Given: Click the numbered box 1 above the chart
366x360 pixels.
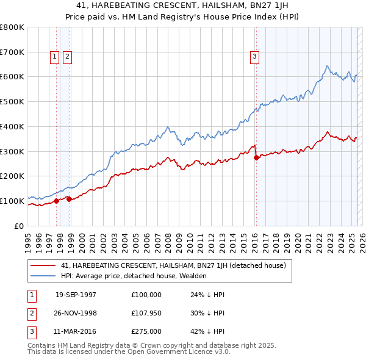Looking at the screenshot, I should [54, 57].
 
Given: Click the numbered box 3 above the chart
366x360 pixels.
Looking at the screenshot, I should [254, 57].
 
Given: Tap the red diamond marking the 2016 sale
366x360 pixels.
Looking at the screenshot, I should [256, 157].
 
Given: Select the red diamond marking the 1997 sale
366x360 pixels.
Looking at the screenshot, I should [57, 200].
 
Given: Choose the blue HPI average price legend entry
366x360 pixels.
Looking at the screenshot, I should [134, 276].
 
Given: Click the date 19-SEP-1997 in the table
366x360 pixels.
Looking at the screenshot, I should [76, 294].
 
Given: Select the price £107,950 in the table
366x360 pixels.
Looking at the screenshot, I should [146, 313].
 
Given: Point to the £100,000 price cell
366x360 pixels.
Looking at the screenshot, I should [146, 294].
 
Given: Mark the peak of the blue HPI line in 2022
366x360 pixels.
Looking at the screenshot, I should [328, 66].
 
